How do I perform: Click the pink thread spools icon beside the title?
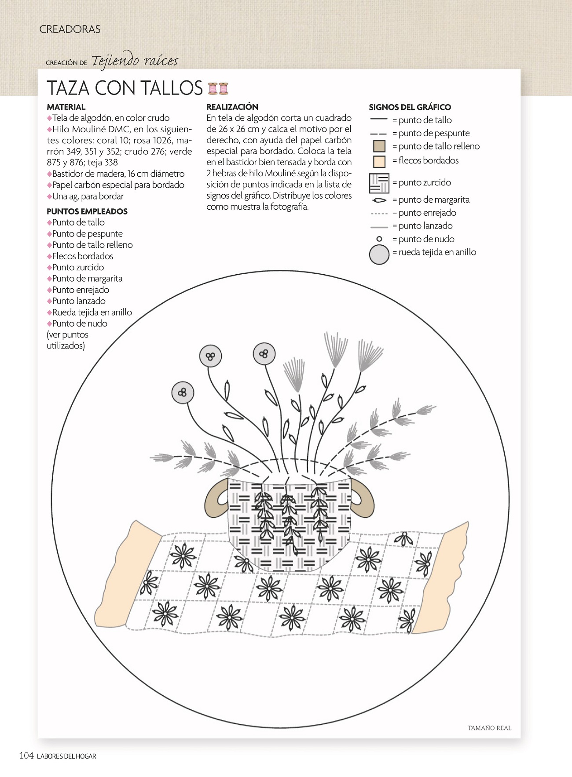pos(218,89)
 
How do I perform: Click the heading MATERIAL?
pos(66,107)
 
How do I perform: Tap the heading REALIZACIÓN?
pos(232,107)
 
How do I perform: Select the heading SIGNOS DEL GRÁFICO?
pos(410,107)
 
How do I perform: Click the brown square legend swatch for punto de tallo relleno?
pos(379,146)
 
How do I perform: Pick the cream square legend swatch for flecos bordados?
pos(379,161)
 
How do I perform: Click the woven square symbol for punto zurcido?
pos(379,183)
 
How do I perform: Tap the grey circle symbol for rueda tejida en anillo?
pos(379,254)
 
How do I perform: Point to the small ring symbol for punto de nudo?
pos(379,239)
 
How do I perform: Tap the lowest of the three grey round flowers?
pos(182,392)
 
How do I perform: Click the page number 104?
pos(26,756)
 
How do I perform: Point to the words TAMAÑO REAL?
pos(489,728)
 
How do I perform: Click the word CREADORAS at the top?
pos(70,29)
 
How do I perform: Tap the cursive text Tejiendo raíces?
pos(135,61)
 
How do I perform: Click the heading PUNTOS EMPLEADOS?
pos(87,211)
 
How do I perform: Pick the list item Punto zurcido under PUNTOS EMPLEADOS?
pos(78,267)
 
